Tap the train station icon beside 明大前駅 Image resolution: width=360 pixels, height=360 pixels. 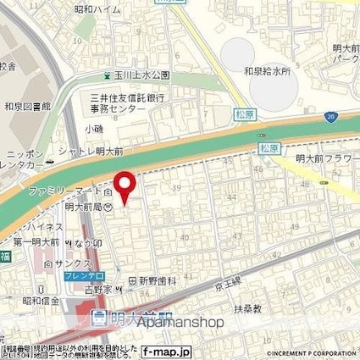pyautogui.click(x=98, y=319)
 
